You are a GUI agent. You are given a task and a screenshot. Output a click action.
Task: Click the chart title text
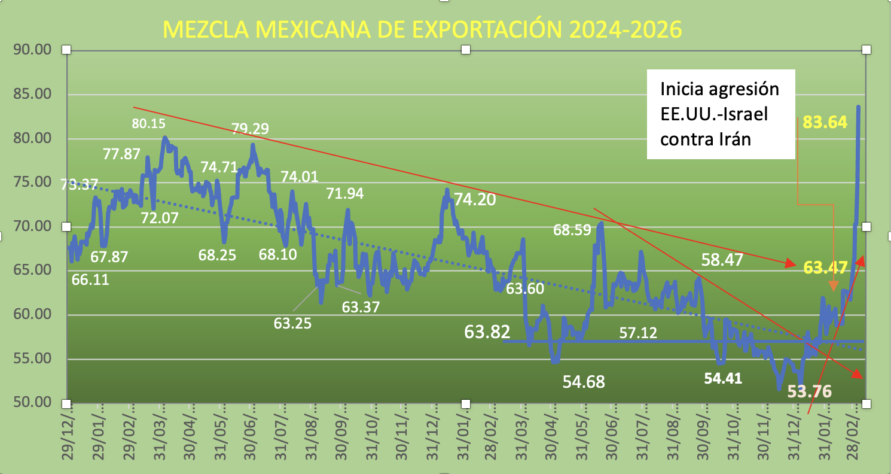[422, 30]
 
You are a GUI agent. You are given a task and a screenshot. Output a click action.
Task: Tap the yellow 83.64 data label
[825, 123]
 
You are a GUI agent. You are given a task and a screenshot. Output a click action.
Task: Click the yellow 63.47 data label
[825, 267]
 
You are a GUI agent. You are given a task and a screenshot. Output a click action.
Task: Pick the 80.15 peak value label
[148, 124]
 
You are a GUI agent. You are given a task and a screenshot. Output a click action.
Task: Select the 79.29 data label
[251, 129]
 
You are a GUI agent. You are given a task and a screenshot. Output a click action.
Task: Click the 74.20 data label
[475, 199]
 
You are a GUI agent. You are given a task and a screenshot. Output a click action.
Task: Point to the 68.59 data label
[572, 230]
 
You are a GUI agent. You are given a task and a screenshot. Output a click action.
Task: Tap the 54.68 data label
[584, 382]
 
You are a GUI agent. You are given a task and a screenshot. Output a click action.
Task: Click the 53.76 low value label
[809, 392]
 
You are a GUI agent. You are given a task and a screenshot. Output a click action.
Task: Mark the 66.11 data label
[90, 279]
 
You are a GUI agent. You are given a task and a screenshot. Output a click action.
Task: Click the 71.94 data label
[344, 193]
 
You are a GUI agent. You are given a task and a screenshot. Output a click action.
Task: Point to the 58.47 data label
[722, 260]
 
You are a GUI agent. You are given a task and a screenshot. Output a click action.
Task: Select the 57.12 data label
[637, 332]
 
